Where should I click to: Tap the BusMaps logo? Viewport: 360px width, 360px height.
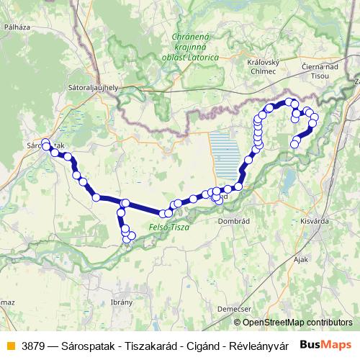pos(327,344)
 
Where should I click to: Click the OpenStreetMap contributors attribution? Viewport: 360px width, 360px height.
pos(298,322)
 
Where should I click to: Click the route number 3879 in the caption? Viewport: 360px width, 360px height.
pos(32,344)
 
